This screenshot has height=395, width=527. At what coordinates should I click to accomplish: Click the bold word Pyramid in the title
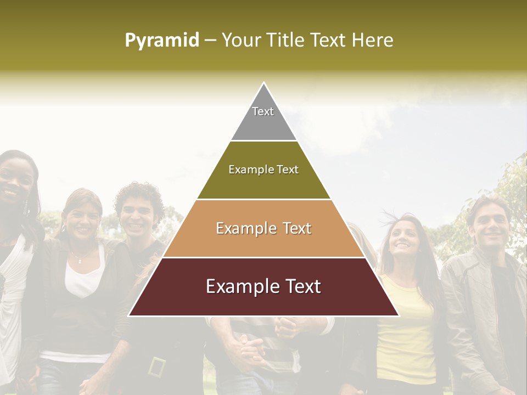coord(161,40)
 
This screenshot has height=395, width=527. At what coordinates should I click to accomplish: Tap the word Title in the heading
coord(287,40)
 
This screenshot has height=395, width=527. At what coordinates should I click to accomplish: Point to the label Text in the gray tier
coord(263,111)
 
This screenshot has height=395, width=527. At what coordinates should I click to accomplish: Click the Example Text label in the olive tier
coord(263,170)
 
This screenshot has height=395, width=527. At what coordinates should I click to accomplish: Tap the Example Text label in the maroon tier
coord(263,286)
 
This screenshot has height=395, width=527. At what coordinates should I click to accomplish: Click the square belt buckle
coord(158,366)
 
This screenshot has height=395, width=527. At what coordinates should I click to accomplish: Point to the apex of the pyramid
coord(263,84)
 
